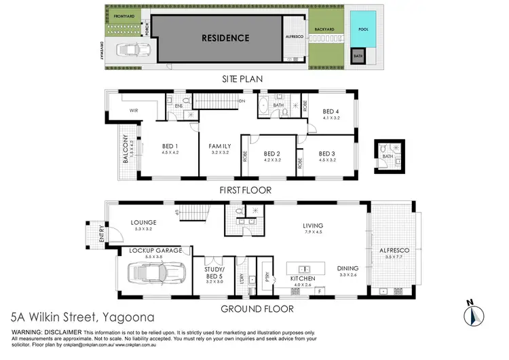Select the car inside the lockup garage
(157, 272)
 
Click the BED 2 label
(271, 154)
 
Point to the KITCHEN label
(301, 279)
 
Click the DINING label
(349, 268)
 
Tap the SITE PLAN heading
(242, 79)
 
